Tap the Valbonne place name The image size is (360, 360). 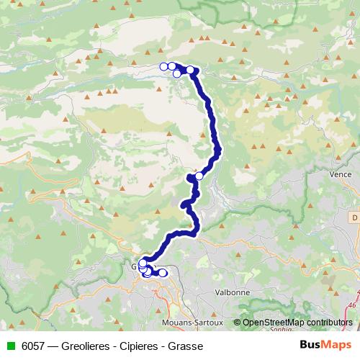[233, 293]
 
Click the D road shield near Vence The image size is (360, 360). [355, 217]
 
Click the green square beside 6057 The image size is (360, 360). [9, 346]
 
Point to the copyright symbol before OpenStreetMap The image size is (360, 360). [238, 322]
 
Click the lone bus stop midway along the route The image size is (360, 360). [199, 176]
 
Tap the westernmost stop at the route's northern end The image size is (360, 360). [164, 67]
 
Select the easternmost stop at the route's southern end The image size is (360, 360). [163, 273]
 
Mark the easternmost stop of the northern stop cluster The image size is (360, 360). [191, 70]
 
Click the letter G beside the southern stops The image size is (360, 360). [134, 266]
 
